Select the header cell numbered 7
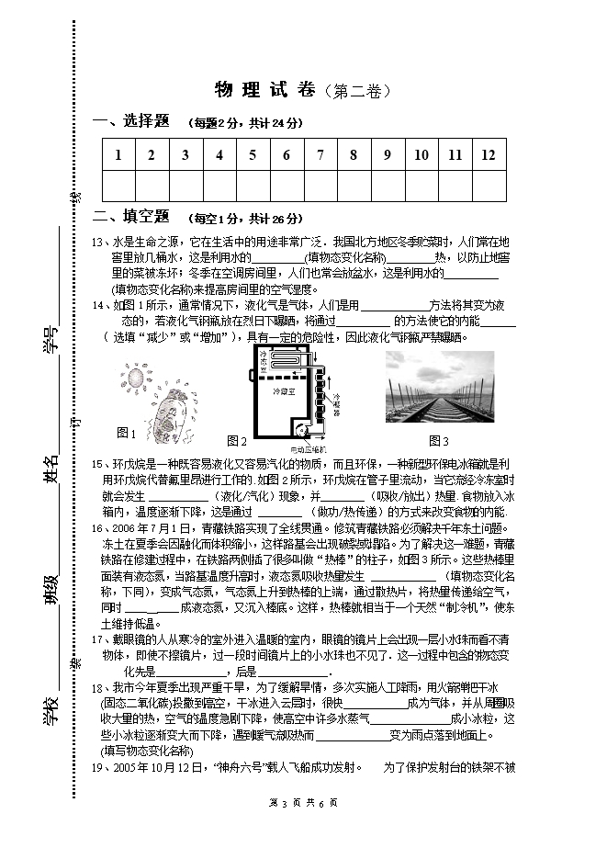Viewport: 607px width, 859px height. point(320,154)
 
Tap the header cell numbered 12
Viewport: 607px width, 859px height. point(489,154)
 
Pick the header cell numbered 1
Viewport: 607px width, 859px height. point(118,154)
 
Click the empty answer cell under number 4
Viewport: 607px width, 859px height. point(219,185)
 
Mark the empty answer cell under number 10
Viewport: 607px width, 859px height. point(422,185)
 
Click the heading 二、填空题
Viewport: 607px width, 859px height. point(132,217)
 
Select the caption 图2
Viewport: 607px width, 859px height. point(237,441)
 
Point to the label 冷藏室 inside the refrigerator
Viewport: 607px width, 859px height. point(280,390)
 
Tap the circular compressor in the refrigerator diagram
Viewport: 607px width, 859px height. point(300,427)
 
